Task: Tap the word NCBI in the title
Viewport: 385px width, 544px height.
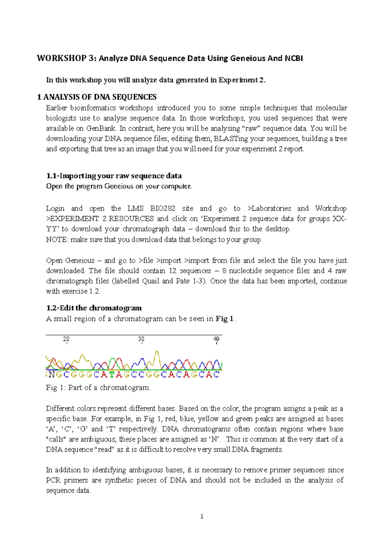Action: point(294,58)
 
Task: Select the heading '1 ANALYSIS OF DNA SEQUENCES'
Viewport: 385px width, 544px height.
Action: point(97,97)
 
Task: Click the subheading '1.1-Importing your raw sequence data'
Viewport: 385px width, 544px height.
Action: point(114,176)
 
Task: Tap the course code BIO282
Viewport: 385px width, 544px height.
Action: point(163,209)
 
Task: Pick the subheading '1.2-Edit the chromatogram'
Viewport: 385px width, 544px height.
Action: point(94,308)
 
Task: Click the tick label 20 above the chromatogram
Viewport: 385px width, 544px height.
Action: point(66,339)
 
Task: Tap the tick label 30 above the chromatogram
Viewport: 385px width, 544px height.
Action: point(141,339)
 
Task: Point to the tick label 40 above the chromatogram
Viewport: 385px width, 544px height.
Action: point(216,339)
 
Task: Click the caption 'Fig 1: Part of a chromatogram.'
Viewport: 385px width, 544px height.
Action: point(98,388)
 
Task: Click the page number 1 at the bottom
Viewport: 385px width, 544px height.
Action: point(201,516)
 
